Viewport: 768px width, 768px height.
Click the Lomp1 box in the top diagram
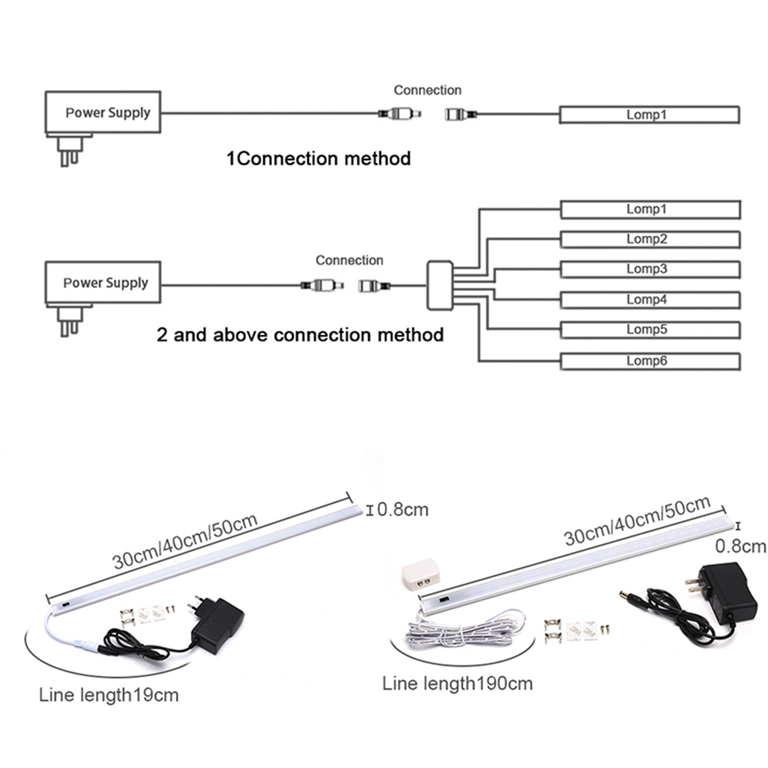(649, 115)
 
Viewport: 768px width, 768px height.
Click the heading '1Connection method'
(318, 159)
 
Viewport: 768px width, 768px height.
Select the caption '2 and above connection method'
(300, 335)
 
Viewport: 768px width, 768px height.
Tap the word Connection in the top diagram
(428, 90)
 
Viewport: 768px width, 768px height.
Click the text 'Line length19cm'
(109, 696)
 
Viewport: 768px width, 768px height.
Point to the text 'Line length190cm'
(457, 683)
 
